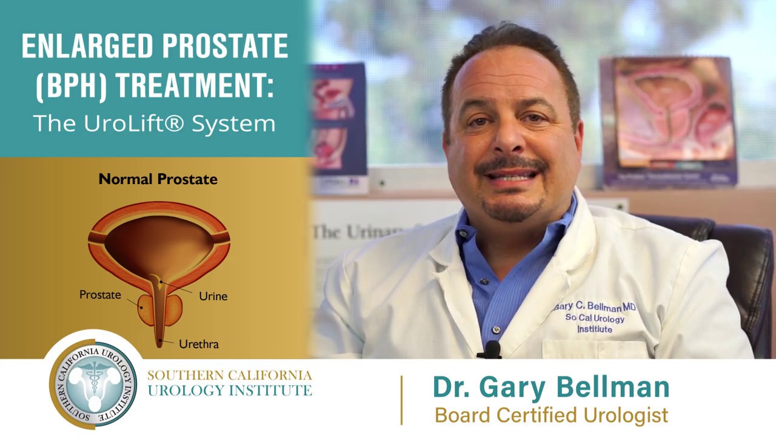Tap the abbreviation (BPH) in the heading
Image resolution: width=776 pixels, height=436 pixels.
pos(71,85)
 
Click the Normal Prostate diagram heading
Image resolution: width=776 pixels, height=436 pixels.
pos(158,179)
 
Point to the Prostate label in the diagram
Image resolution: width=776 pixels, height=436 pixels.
pos(100,295)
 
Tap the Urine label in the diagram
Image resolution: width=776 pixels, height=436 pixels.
pos(213,296)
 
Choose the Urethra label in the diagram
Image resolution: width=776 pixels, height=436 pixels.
pos(199,344)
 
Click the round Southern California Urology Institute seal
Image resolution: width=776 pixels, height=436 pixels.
pos(93,383)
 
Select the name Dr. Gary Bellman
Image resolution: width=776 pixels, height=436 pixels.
pos(550,387)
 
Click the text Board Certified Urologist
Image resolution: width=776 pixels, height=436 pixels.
pos(551,415)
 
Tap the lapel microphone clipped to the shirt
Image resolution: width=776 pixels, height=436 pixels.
pos(491,349)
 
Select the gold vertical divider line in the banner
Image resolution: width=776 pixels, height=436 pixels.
pos(401,400)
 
